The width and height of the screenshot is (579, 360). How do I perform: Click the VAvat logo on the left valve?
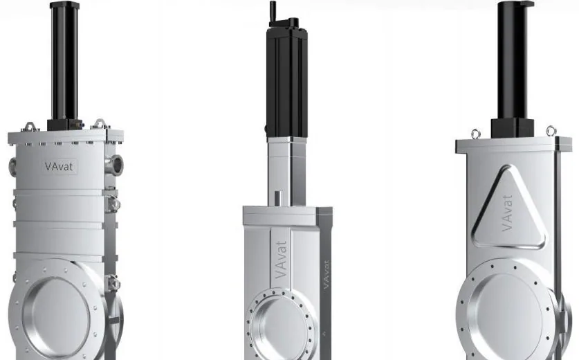point(59,166)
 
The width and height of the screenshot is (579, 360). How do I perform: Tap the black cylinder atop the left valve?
point(64,61)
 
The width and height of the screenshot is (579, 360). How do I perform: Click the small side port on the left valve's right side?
point(115,164)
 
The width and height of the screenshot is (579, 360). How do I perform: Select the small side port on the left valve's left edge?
point(12,166)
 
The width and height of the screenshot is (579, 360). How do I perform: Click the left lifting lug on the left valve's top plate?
point(30,127)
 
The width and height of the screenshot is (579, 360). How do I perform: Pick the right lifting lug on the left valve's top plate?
point(100,123)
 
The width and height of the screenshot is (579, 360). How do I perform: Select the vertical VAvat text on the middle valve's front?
point(281,260)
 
